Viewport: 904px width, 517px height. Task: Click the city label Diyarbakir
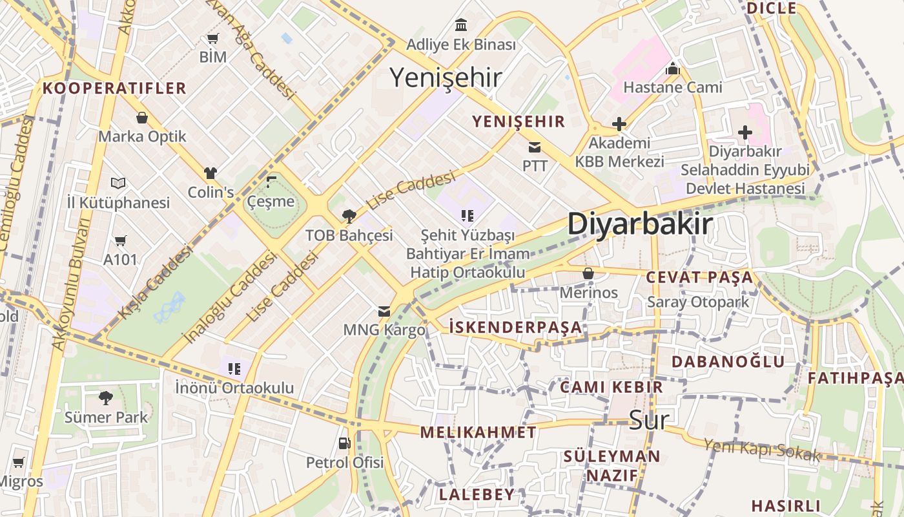coord(640,224)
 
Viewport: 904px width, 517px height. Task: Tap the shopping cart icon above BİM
coord(212,39)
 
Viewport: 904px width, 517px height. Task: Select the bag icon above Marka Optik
coord(142,118)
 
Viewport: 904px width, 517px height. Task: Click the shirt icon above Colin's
coord(211,173)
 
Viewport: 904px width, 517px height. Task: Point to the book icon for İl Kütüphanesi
coord(118,184)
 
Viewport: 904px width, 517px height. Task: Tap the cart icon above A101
coord(120,241)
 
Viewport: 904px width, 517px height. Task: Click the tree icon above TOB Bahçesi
coord(349,216)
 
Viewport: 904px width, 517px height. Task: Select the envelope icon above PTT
coord(535,147)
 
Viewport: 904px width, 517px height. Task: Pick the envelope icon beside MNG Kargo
coord(384,311)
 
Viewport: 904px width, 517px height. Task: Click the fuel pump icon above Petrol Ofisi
coord(344,443)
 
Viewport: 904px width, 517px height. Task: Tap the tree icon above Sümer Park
coord(106,397)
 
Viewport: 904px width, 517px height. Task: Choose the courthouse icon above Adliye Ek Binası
coord(461,25)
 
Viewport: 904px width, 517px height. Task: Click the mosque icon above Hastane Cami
coord(673,68)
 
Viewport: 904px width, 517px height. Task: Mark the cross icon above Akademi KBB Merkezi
coord(619,123)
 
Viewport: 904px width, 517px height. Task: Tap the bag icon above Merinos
coord(588,273)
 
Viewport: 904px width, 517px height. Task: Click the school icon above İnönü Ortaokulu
coord(234,369)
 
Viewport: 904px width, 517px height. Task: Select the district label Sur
coord(649,420)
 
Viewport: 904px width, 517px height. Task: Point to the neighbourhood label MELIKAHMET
coord(478,432)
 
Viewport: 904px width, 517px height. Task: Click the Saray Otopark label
coord(698,302)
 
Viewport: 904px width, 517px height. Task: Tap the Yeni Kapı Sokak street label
coord(761,450)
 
